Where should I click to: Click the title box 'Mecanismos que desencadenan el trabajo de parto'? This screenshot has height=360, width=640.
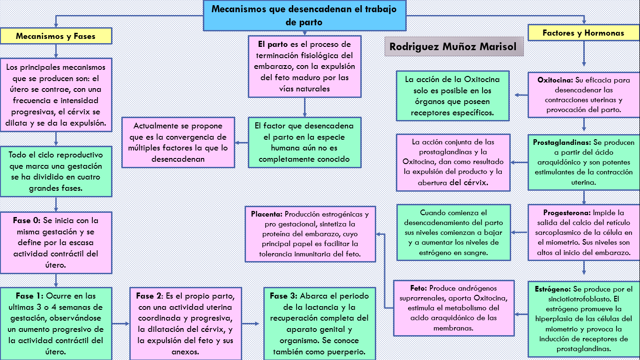coord(304,15)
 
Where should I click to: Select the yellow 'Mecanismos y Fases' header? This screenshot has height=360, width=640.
coord(56,36)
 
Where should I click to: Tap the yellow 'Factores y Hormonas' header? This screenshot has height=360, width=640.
coord(583,33)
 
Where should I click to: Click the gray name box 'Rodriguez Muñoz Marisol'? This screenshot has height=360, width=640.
coord(453,47)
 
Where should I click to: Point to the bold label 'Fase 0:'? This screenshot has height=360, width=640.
coord(27,220)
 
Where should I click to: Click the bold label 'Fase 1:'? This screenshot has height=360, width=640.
coord(30,296)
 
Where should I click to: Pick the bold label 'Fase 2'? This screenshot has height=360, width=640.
coord(149,296)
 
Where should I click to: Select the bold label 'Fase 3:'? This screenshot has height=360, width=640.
coord(283,296)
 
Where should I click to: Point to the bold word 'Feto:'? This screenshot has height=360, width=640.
coord(418,288)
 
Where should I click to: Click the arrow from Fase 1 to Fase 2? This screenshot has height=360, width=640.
coord(121,323)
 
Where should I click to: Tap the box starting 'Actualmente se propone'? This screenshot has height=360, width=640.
coord(178,142)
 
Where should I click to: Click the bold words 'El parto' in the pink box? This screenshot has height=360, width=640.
coord(273,45)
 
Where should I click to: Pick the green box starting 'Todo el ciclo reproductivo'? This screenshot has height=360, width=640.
coord(56,172)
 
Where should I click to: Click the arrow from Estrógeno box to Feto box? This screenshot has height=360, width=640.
coord(521,315)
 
